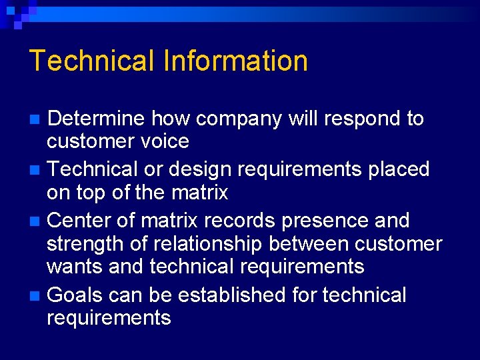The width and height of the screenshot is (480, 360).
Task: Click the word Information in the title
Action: coord(235,61)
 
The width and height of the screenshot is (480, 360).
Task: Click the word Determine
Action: coord(96,119)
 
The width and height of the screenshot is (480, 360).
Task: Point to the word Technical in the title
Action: coord(92,61)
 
